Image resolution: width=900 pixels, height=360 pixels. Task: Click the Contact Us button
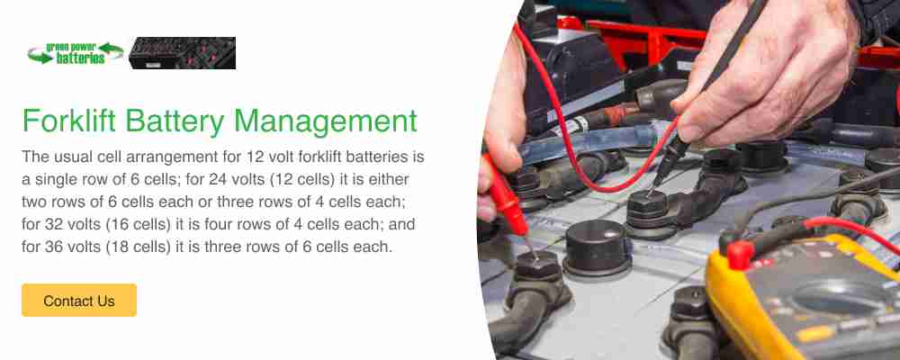tap(79, 301)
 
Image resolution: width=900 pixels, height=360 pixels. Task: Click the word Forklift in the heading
tap(69, 121)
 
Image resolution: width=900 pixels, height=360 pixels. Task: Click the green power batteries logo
tap(76, 53)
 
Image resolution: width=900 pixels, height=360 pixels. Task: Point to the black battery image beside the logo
tap(182, 53)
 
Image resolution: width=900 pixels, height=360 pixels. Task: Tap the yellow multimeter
tap(804, 299)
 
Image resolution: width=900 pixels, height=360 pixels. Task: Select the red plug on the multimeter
tap(740, 253)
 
